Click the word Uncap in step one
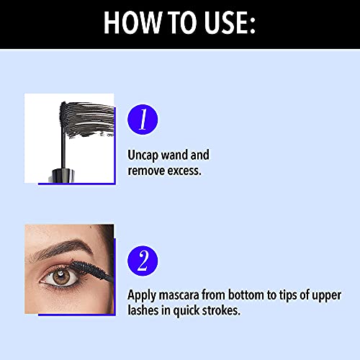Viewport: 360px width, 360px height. pyautogui.click(x=145, y=155)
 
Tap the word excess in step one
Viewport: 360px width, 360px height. pyautogui.click(x=186, y=171)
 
